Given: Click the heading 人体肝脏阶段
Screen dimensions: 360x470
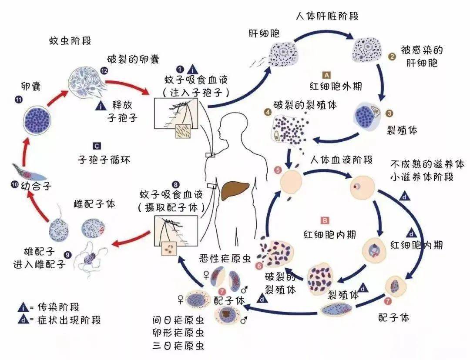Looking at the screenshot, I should point(327,16).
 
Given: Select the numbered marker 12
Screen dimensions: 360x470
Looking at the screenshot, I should point(104,70).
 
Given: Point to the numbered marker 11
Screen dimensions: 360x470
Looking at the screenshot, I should point(18,100).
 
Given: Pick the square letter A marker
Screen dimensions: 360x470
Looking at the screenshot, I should point(327,75).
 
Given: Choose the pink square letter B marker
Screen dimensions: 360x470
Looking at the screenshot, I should point(324,220).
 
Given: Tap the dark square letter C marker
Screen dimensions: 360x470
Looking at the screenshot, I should point(97,146).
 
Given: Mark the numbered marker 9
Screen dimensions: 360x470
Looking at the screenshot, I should point(67,255).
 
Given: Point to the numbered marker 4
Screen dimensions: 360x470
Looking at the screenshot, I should point(267,111).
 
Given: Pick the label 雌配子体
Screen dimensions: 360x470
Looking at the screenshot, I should point(94,204).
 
